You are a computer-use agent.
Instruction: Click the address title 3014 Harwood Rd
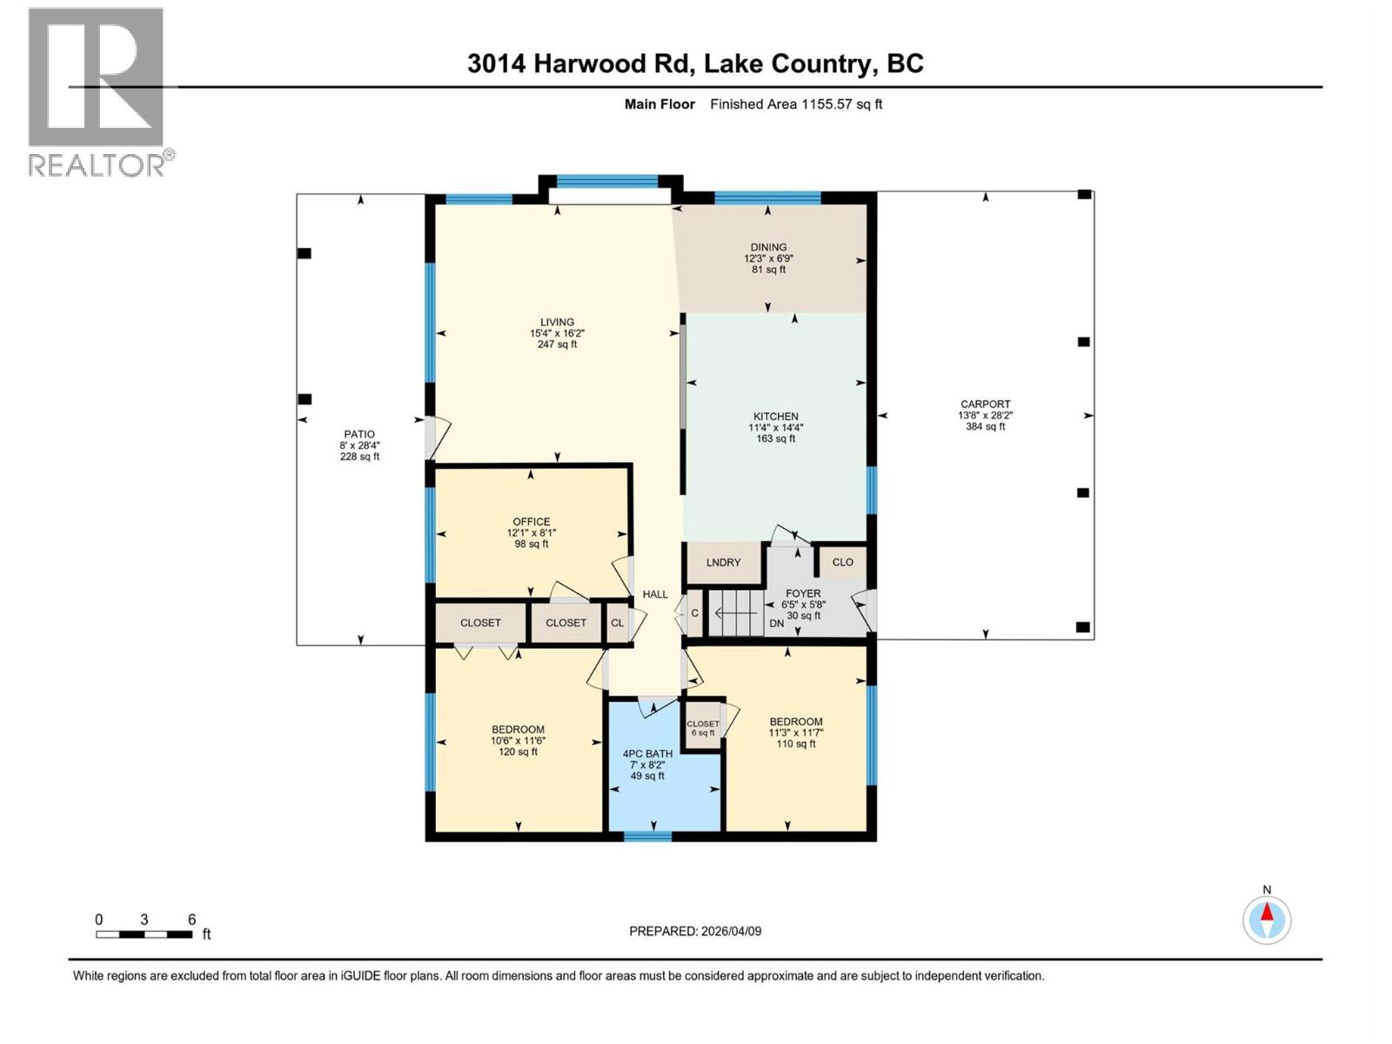(694, 64)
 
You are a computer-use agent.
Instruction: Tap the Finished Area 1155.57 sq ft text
(795, 104)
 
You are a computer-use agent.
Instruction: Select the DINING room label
(768, 248)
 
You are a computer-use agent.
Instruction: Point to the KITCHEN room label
(774, 418)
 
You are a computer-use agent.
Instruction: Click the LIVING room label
(557, 323)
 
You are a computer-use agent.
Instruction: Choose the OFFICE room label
(531, 523)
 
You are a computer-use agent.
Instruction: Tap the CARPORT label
(985, 405)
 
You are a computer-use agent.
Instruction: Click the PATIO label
(359, 435)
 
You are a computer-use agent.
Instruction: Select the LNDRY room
(723, 563)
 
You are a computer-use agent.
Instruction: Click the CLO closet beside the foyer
(842, 562)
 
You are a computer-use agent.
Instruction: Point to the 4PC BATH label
(647, 754)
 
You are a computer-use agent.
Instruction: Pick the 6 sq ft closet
(703, 728)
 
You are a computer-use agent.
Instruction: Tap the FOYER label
(802, 594)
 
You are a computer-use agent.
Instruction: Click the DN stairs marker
(776, 624)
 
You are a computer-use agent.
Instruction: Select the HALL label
(655, 595)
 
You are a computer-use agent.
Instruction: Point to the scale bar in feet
(144, 934)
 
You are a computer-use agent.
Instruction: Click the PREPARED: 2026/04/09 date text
(695, 932)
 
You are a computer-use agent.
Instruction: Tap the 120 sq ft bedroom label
(518, 741)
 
